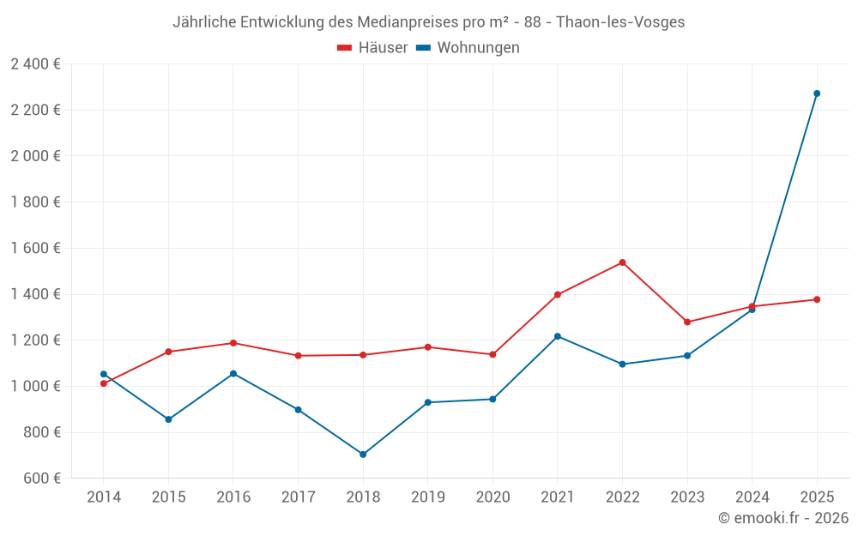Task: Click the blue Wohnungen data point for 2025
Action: tap(817, 93)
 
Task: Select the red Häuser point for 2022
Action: tap(622, 262)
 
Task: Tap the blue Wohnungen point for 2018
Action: tap(363, 455)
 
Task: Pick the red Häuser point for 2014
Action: tap(103, 383)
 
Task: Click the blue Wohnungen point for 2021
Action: tap(558, 336)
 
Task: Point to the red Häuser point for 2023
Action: tap(687, 322)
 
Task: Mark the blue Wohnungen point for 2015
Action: tap(168, 419)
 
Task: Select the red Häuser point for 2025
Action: tap(817, 299)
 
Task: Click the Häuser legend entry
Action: tap(372, 48)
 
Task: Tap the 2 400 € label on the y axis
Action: tap(35, 63)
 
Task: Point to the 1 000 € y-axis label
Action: tap(35, 386)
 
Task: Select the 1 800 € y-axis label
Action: tap(35, 202)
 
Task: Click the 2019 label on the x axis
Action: tap(427, 497)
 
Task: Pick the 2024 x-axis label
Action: tap(752, 497)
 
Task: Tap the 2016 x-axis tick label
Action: tap(233, 497)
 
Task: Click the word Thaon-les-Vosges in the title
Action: tap(620, 22)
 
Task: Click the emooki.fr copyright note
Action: tap(782, 518)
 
